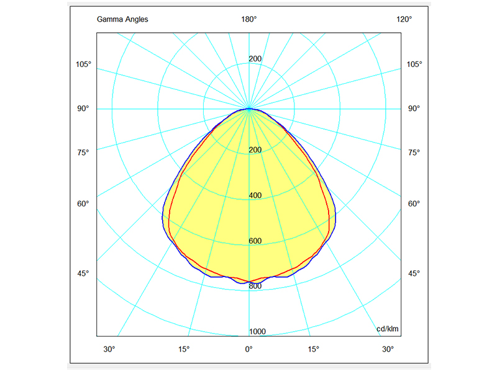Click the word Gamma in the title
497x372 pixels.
click(x=109, y=19)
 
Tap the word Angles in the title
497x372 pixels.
click(x=136, y=19)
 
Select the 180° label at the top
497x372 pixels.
click(x=249, y=19)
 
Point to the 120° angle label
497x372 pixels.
click(x=404, y=19)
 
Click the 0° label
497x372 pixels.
click(x=249, y=350)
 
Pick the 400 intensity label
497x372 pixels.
click(x=255, y=195)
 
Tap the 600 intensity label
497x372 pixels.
click(x=255, y=241)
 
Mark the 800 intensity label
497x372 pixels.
click(x=255, y=286)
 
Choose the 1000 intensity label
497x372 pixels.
click(x=257, y=332)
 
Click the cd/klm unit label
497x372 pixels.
click(x=388, y=329)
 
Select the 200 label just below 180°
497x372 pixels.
click(x=255, y=59)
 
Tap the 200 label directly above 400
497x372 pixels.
click(x=255, y=150)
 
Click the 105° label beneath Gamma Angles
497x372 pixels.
click(x=83, y=64)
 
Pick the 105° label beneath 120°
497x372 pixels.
click(x=414, y=64)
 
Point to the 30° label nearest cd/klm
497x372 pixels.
click(x=388, y=350)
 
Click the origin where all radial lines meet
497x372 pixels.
click(x=249, y=108)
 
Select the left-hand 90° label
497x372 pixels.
click(x=83, y=108)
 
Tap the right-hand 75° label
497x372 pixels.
click(x=414, y=153)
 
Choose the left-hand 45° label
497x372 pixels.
click(x=83, y=273)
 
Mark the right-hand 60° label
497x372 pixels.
click(x=414, y=203)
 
